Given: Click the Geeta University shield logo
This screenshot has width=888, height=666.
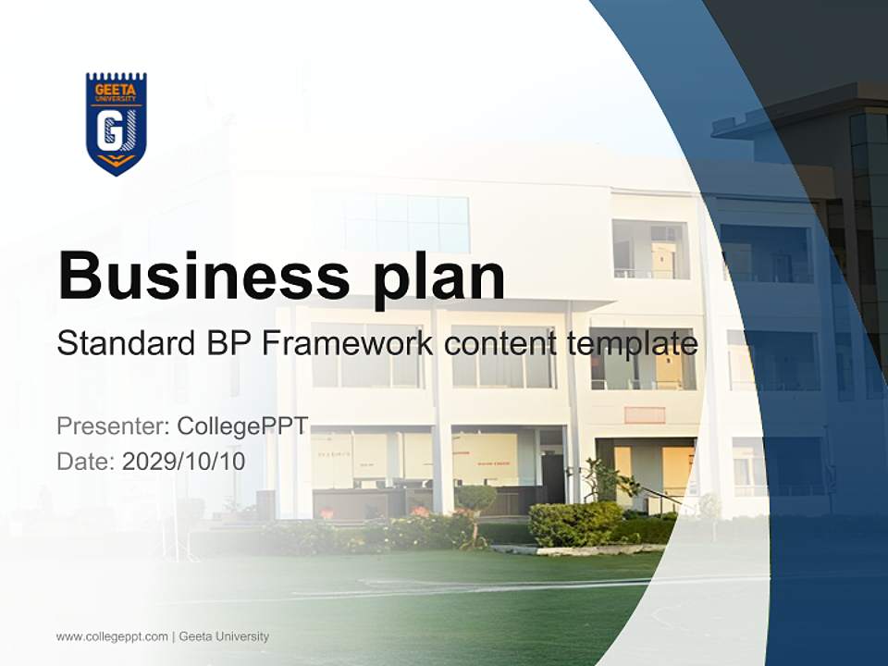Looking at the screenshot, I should pos(117,124).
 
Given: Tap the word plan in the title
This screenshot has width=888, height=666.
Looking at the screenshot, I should pos(439,276).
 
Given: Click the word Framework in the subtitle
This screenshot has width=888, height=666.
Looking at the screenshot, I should pos(347,344).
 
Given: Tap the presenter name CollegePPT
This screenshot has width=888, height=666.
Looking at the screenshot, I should pos(242,426).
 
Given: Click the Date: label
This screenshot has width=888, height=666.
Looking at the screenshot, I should pos(86,461).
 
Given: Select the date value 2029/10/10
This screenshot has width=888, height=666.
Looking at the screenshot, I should pos(184,461).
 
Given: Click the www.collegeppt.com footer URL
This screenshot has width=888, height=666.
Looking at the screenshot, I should pos(112,636).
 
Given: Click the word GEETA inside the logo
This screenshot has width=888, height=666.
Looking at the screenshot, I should pos(117,90).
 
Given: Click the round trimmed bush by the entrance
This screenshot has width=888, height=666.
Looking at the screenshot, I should pos(475,499).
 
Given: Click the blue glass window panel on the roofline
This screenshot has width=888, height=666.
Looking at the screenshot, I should pos(407,223).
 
